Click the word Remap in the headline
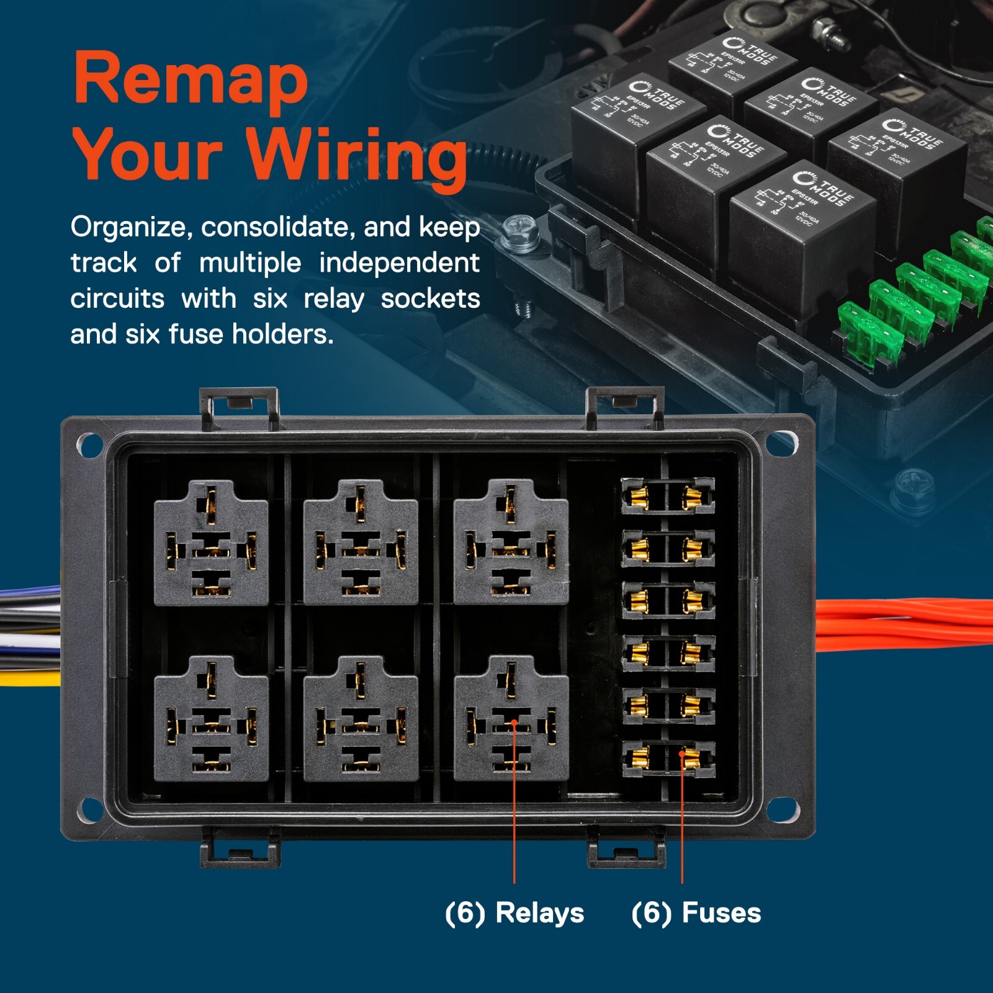click(x=191, y=81)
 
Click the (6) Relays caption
click(x=514, y=913)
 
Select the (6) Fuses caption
click(x=696, y=913)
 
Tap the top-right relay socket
click(x=511, y=542)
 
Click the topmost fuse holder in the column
click(x=668, y=496)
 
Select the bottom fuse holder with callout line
click(x=668, y=758)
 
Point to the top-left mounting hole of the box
click(x=89, y=445)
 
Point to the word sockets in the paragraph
click(x=429, y=299)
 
